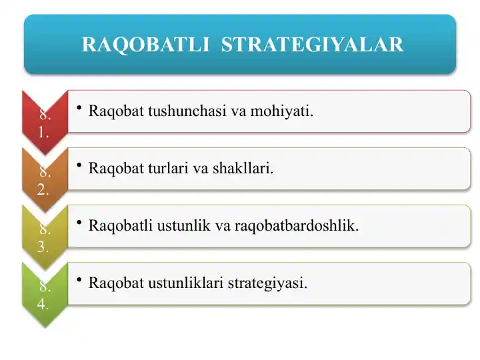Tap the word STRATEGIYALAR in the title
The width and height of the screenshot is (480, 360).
pyautogui.click(x=312, y=45)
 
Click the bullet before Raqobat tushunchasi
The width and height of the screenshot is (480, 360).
pyautogui.click(x=79, y=109)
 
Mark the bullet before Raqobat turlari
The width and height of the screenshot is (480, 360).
pyautogui.click(x=79, y=166)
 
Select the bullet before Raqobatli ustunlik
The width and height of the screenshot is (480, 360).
pyautogui.click(x=79, y=223)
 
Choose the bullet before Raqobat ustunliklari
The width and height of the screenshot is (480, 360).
pyautogui.click(x=79, y=281)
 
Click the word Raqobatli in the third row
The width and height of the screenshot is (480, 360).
pyautogui.click(x=114, y=225)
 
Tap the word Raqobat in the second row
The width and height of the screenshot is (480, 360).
pyautogui.click(x=111, y=168)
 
